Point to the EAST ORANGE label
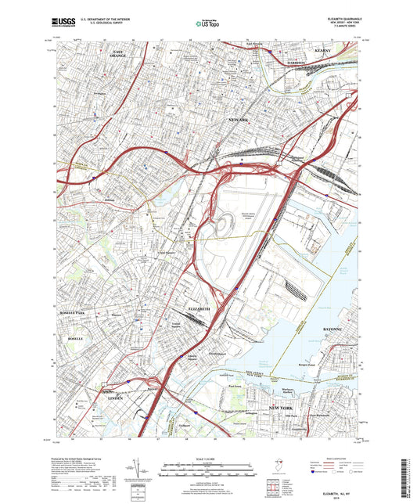coord(117,54)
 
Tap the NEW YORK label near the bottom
coord(280,409)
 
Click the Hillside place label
coord(109,199)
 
